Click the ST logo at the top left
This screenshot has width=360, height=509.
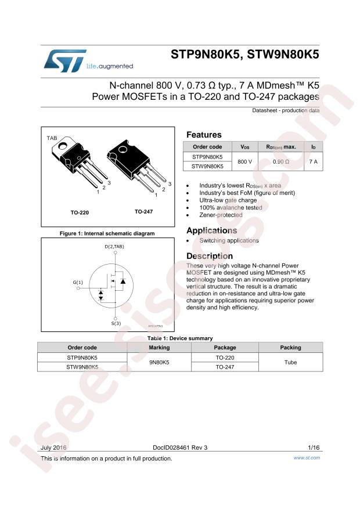[65, 61]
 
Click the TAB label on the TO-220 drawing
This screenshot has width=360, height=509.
[52, 138]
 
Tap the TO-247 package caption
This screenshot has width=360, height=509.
[143, 212]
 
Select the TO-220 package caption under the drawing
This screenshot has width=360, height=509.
[80, 212]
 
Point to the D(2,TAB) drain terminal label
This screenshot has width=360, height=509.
[114, 247]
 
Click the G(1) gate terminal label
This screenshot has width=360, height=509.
[78, 282]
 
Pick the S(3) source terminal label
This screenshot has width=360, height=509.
[116, 323]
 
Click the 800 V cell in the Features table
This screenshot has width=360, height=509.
[245, 161]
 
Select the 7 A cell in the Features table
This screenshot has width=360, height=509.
[313, 161]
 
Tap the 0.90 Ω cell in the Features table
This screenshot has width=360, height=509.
[281, 161]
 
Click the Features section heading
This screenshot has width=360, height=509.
[204, 135]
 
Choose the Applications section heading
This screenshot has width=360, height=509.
[212, 230]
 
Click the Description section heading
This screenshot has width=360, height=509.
[210, 256]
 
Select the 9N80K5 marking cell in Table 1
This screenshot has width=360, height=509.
[159, 362]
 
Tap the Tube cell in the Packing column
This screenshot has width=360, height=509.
[290, 362]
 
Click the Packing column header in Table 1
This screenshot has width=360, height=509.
[290, 347]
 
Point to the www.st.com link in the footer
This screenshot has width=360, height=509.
[307, 458]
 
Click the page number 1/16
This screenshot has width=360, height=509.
[314, 447]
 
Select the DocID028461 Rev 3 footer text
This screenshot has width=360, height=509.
[180, 447]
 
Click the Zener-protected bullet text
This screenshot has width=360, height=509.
[221, 215]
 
